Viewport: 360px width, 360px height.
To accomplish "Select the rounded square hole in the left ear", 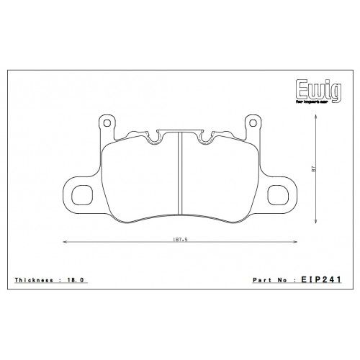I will click(x=81, y=193).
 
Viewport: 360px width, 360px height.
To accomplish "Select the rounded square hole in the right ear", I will click(x=279, y=193).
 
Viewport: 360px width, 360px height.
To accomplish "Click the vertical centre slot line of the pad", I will click(x=179, y=173).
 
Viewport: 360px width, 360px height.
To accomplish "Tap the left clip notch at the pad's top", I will click(x=154, y=137).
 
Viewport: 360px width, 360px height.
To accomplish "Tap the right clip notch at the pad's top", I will click(x=206, y=137).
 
